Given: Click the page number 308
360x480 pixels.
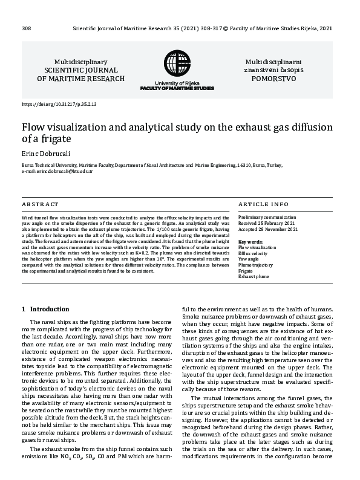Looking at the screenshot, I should (26, 28).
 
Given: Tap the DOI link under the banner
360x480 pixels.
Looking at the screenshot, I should (59, 105).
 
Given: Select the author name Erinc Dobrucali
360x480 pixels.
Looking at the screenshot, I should (46, 153).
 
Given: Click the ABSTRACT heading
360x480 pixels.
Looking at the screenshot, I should (40, 204).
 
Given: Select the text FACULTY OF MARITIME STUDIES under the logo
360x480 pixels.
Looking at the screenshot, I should (177, 88).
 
